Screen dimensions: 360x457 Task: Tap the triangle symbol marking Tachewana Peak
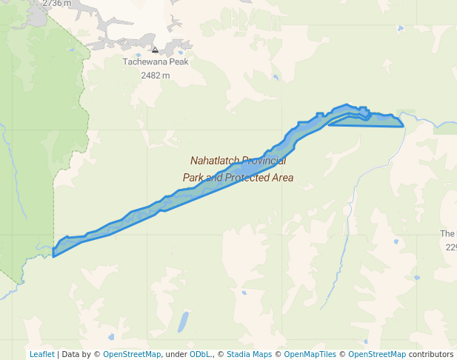coord(155,50)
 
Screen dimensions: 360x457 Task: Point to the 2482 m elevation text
coord(156,75)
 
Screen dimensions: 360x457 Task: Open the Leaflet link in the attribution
coord(41,354)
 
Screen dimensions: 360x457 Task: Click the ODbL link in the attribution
coord(200,354)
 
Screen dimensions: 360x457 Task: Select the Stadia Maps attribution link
coord(249,354)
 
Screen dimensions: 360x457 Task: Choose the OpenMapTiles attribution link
coord(310,354)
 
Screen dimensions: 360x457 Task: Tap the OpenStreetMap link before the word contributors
coord(377,354)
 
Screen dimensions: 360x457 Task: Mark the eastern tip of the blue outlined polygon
coord(403,125)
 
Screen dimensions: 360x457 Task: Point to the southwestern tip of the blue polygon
coord(54,256)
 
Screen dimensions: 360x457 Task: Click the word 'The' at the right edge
coord(447,234)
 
